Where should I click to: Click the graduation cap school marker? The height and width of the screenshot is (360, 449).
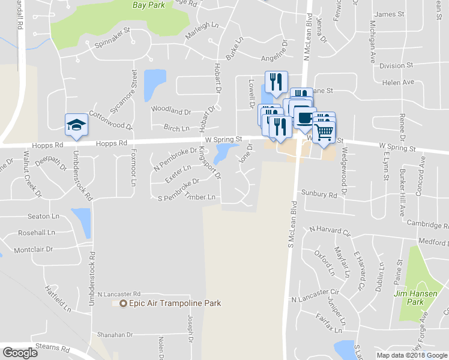pos(76,125)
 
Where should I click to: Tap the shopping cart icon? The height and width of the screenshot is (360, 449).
pos(324,130)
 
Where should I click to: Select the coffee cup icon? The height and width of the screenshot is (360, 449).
pos(304,118)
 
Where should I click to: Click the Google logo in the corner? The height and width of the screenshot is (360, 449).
pos(20,353)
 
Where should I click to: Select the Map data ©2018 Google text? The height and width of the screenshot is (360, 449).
pos(412,355)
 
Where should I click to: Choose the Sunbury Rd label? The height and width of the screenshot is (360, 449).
pos(321,194)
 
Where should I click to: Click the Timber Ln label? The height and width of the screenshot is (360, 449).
pos(200,196)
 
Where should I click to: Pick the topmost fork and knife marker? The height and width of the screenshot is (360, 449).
pos(276,82)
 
